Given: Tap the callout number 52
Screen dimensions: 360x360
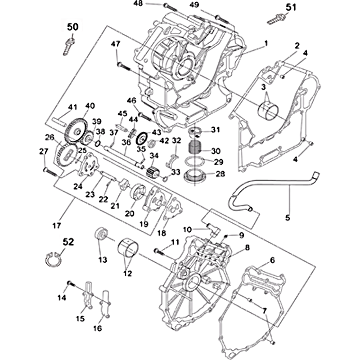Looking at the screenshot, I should [x=68, y=242].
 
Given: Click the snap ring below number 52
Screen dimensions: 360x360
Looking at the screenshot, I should [x=54, y=260].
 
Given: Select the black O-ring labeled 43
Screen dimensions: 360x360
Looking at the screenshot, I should [x=144, y=137].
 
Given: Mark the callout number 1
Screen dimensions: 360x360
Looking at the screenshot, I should [x=266, y=44].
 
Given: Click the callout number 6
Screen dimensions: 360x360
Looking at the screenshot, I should [x=272, y=260].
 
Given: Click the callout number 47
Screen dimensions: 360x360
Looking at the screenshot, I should [x=116, y=44].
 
